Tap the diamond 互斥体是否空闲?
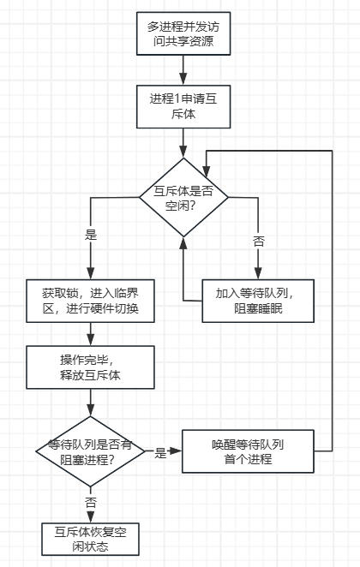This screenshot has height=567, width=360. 183,197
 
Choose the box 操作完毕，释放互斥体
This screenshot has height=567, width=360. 91,367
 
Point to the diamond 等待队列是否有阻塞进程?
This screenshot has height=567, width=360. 91,451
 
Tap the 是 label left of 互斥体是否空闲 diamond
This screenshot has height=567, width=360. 91,235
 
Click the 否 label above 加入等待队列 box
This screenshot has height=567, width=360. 259,242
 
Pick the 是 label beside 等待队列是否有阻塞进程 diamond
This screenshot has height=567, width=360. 160,452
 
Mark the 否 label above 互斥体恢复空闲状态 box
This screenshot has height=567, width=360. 91,499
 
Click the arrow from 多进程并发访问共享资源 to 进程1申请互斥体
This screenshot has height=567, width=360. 183,69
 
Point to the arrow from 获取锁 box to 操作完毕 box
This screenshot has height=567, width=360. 91,333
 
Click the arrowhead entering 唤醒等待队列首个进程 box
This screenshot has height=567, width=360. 177,451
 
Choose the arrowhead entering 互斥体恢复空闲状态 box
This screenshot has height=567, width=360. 91,515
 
